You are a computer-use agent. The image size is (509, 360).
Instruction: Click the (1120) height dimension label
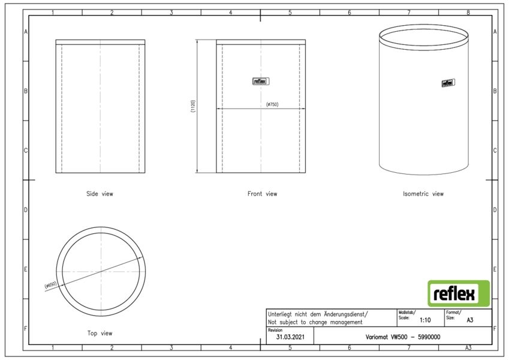pos(193,106)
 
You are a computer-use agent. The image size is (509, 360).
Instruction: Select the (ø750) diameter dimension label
pos(272,104)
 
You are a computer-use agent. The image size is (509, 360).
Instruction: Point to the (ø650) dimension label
pos(50,285)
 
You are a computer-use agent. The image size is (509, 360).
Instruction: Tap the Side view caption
pos(100,194)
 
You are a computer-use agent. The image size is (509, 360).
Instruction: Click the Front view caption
pos(262,194)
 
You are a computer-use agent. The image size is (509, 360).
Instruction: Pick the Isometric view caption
pos(423,194)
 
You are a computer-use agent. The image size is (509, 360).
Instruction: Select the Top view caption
pos(100,333)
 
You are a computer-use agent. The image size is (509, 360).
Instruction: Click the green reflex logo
pos(459,294)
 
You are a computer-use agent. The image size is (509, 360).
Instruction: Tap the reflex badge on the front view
pos(261,81)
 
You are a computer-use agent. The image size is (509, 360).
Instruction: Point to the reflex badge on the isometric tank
pos(448,83)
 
